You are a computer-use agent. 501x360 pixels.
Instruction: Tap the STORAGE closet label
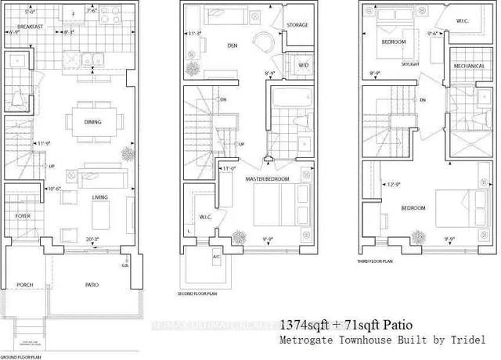pos(297,25)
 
